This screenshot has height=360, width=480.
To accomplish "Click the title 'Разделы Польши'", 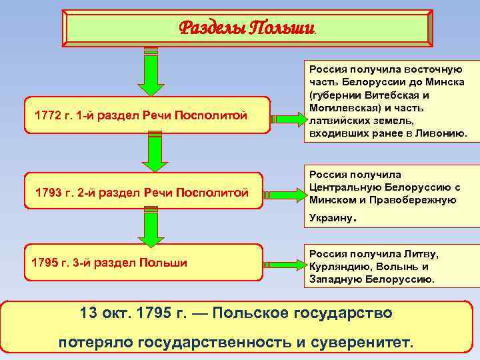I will tap(246, 27).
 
